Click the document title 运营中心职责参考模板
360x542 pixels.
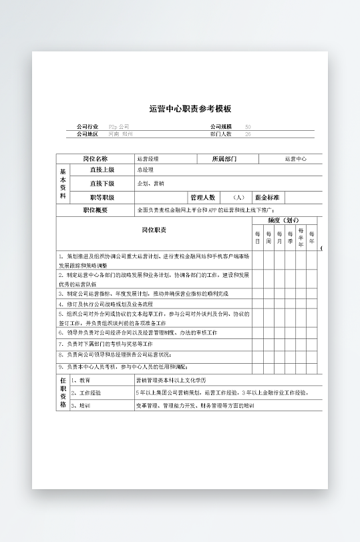190,108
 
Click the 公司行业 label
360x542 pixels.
87,126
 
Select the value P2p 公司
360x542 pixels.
119,126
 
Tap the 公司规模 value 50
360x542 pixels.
248,126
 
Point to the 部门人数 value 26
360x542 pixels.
248,134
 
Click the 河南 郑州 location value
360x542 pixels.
121,134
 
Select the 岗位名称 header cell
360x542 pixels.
95,159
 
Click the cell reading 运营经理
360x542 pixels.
148,159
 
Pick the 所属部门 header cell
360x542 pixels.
224,159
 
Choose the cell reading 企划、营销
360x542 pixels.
150,184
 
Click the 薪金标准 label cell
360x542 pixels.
267,198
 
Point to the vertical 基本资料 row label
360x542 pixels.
63,184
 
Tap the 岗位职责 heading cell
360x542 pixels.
154,230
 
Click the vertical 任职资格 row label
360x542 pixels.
63,392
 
